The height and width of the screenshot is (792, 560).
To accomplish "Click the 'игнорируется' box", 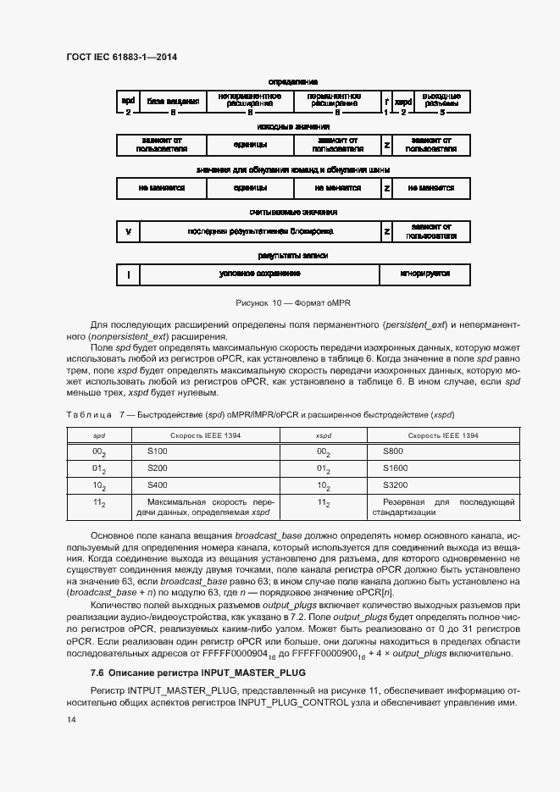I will [424, 274].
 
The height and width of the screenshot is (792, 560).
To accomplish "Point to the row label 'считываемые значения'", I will [293, 212].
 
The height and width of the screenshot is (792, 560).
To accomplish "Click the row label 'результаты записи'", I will [293, 255].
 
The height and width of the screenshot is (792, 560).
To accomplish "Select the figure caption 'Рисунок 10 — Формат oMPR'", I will [292, 302].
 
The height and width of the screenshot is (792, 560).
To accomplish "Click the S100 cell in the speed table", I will [158, 452].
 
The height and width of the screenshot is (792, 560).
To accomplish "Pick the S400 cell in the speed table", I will [158, 486].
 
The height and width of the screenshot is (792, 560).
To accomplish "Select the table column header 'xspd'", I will [323, 435].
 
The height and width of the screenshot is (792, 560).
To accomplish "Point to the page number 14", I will [70, 719].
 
